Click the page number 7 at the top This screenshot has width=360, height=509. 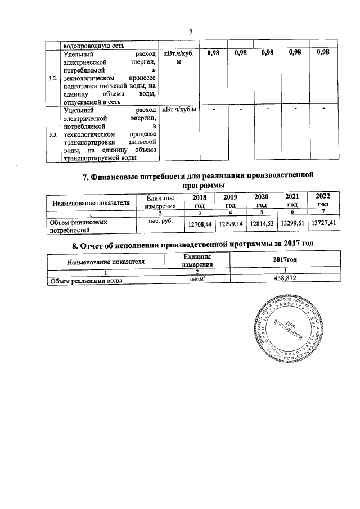pyautogui.click(x=191, y=31)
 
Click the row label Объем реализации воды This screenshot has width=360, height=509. pyautogui.click(x=86, y=280)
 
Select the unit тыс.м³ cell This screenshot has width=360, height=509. pyautogui.click(x=191, y=278)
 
